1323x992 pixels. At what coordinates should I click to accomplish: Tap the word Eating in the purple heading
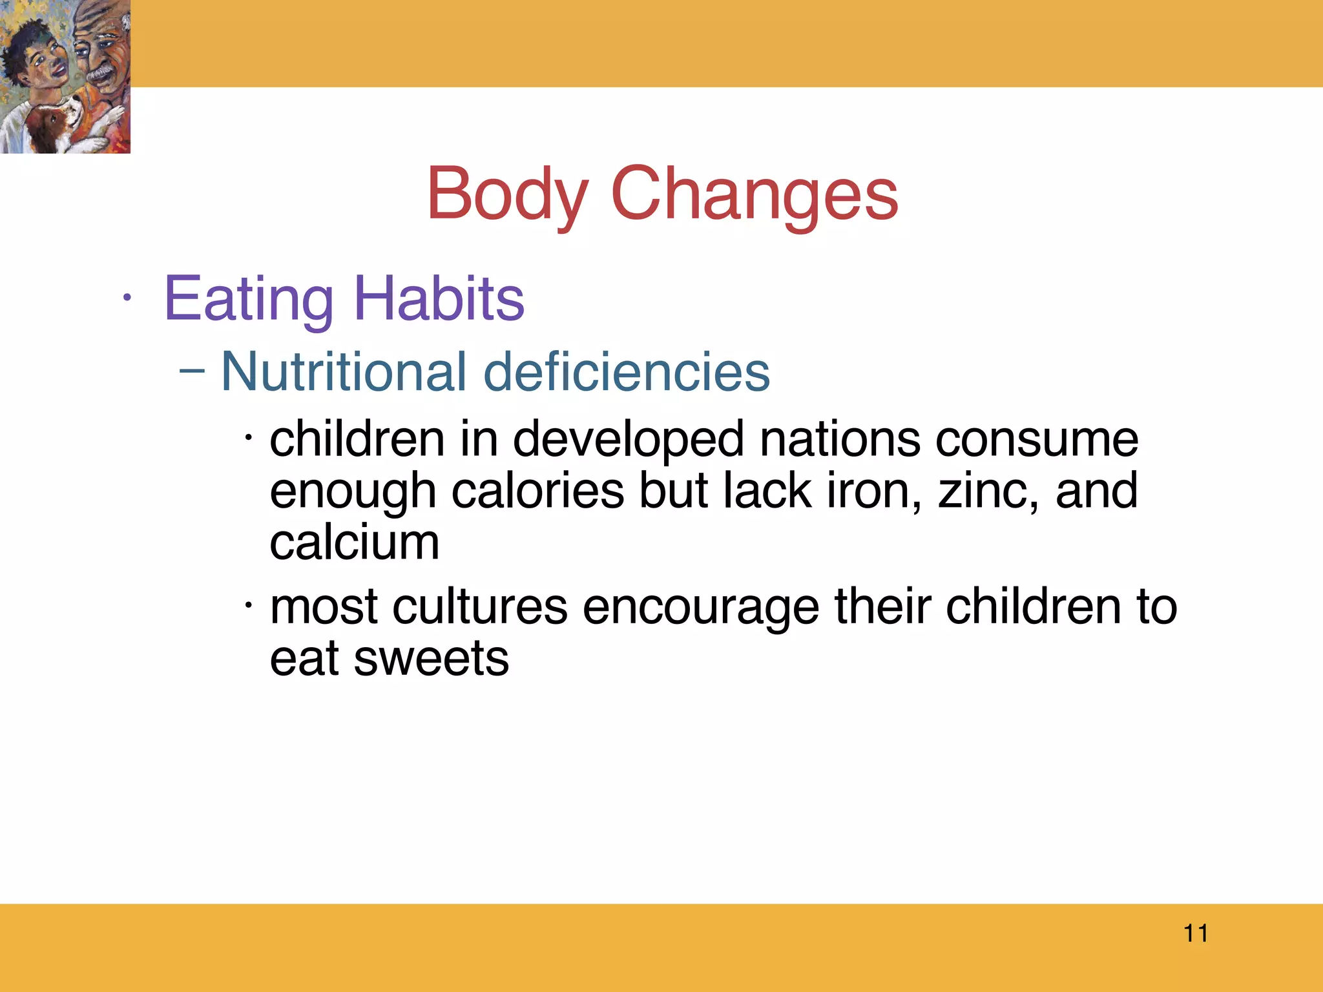click(249, 299)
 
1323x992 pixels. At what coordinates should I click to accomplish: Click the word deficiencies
click(627, 372)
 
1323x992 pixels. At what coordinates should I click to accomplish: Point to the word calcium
click(355, 542)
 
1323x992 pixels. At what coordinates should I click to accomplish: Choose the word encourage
click(701, 608)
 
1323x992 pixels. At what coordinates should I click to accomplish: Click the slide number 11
click(1196, 933)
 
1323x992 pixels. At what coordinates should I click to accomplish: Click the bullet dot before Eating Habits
click(127, 298)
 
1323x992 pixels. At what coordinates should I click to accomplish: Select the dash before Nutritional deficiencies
click(192, 371)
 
